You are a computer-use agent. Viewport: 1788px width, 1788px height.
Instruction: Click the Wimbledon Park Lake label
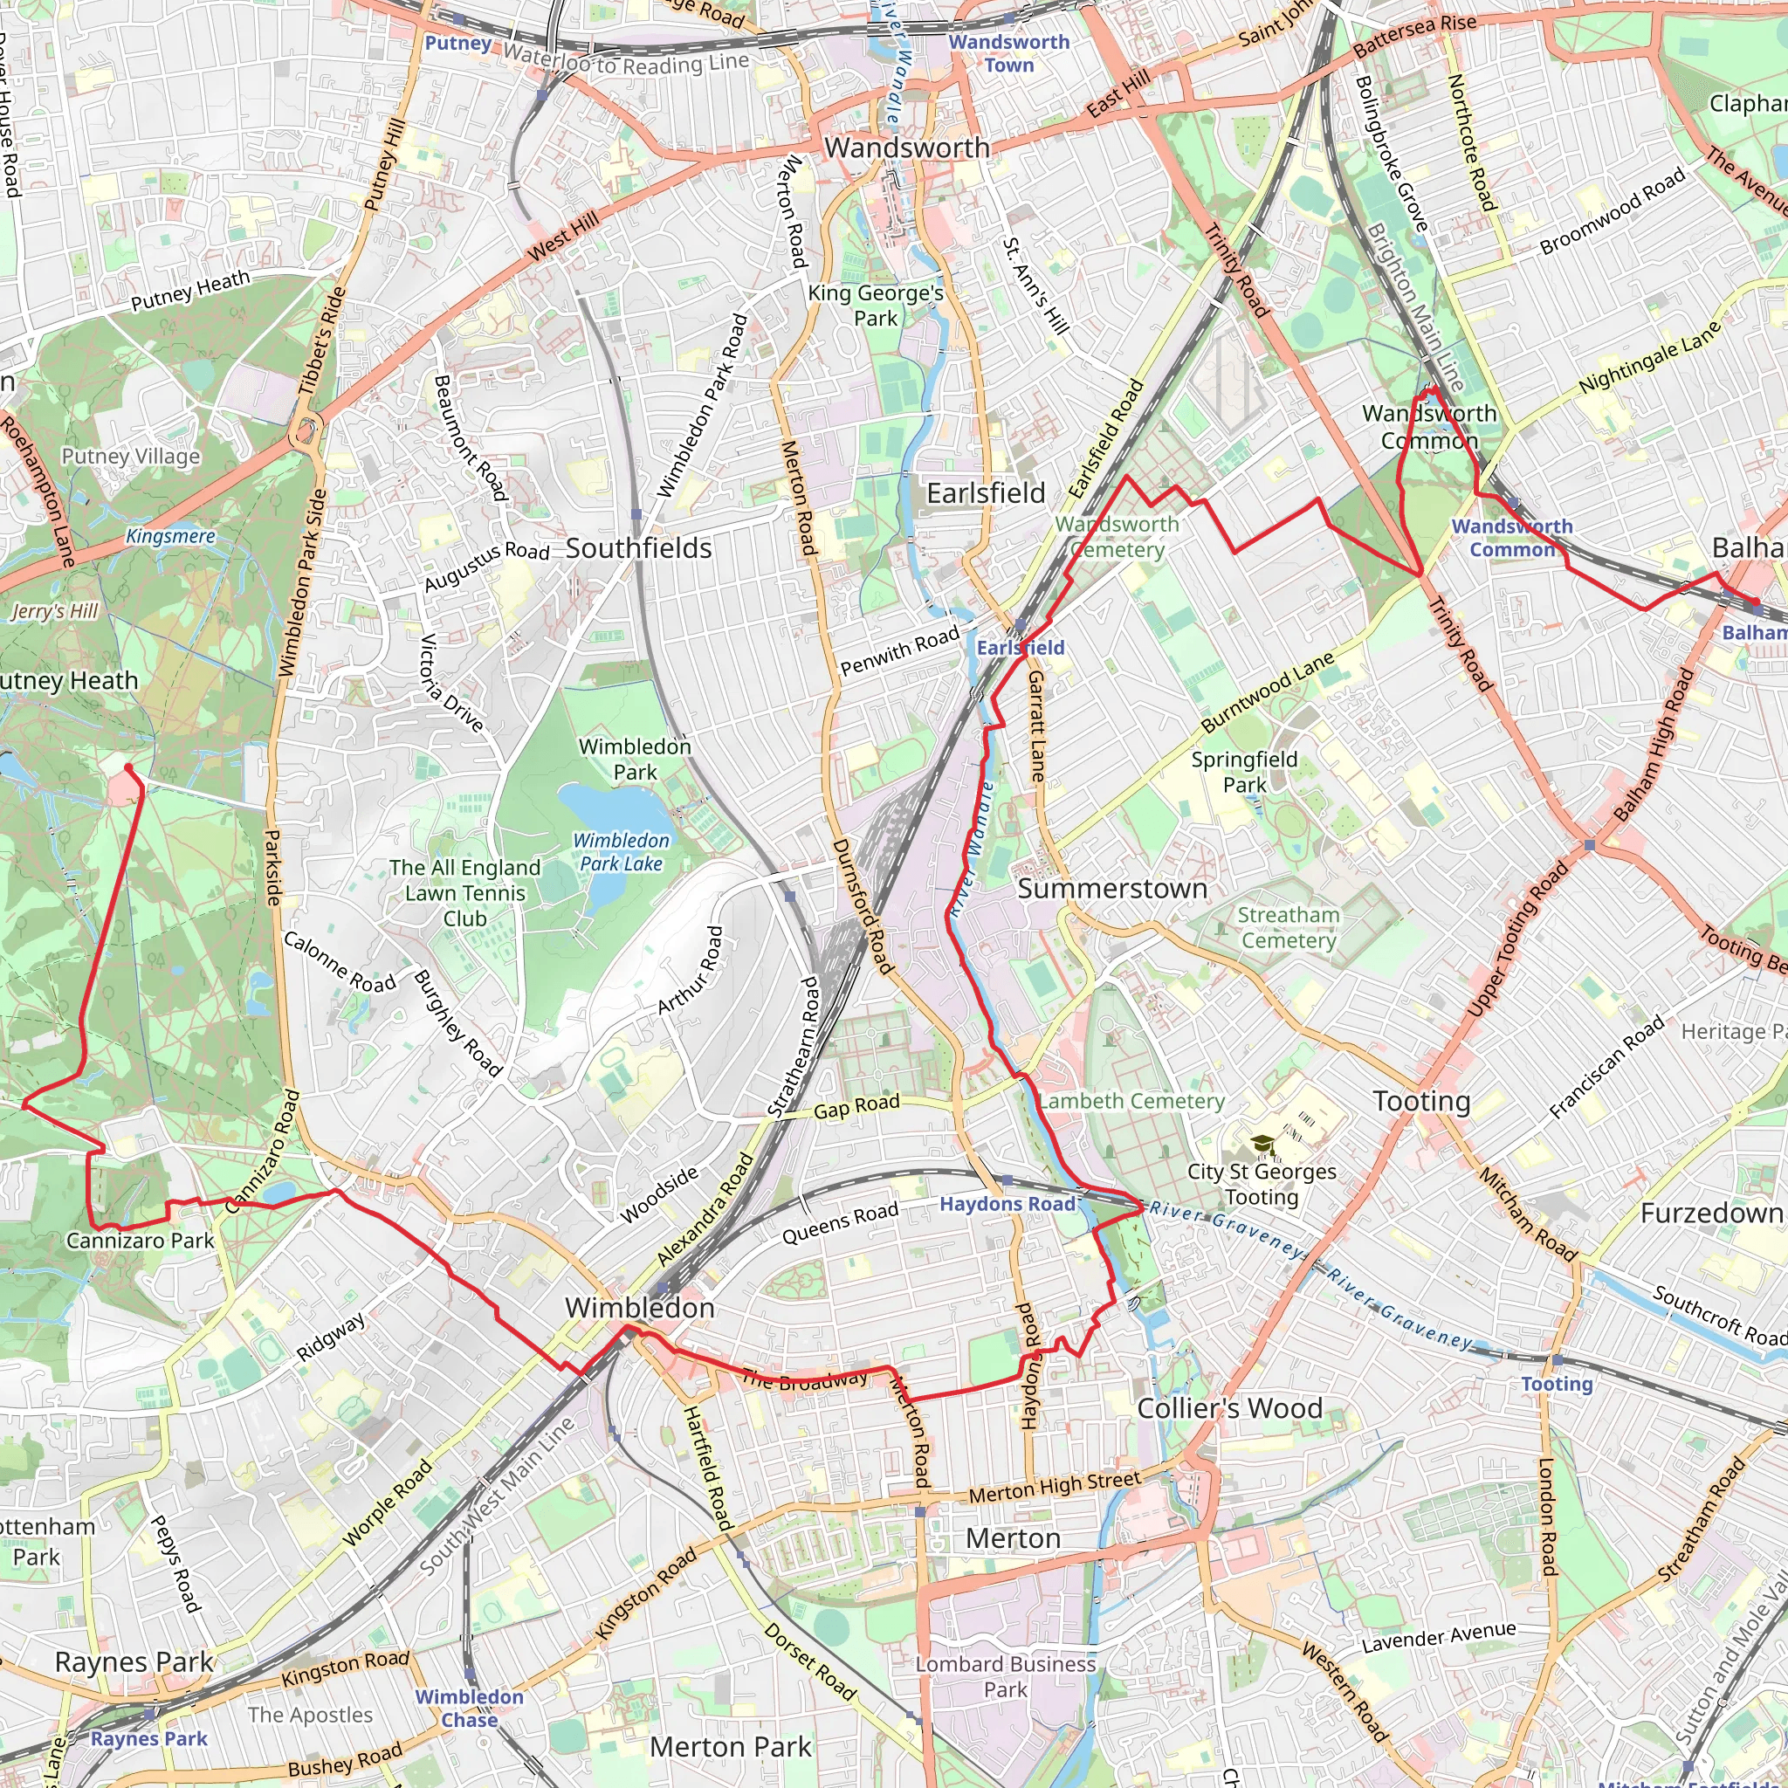pos(621,851)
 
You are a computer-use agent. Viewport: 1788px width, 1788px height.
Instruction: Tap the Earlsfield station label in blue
pos(1020,648)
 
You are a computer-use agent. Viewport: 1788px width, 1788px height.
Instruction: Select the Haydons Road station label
pos(1007,1203)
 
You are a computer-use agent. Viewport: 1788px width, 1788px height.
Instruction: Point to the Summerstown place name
pos(1111,889)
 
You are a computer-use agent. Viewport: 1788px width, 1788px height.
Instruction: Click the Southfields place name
pos(638,548)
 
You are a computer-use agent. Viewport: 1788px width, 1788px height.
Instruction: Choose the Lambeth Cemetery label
pos(1131,1101)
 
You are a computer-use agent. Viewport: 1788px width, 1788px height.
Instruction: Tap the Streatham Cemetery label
pos(1289,927)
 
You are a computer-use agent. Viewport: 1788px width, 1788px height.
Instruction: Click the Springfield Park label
pos(1244,772)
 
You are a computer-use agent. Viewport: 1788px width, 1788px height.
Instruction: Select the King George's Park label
pos(876,306)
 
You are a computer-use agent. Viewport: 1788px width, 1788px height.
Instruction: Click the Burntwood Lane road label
pos(1267,691)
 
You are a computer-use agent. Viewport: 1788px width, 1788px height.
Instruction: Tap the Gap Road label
pos(856,1106)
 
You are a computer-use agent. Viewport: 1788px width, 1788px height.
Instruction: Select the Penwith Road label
pos(899,651)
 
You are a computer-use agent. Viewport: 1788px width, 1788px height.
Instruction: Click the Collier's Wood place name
pos(1229,1407)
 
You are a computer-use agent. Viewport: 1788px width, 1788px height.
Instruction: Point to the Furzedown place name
pos(1711,1213)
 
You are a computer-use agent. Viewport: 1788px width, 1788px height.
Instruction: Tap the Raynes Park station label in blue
pos(148,1738)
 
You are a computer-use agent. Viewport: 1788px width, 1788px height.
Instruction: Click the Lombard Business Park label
pos(1005,1676)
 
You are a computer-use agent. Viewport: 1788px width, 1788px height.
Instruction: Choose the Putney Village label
pos(130,456)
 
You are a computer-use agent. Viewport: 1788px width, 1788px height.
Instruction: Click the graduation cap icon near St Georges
pos(1262,1145)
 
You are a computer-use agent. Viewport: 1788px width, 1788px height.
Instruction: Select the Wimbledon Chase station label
pos(469,1708)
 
